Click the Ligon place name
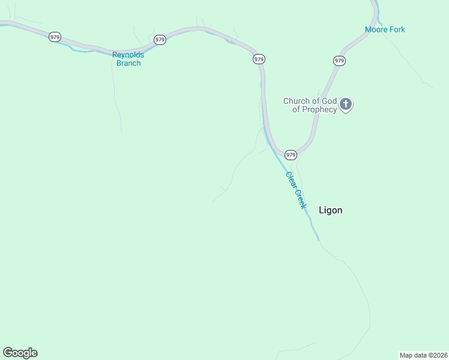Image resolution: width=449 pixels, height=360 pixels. [x=330, y=210]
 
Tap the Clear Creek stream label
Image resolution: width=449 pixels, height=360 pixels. [x=296, y=190]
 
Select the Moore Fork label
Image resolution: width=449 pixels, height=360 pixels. [x=385, y=29]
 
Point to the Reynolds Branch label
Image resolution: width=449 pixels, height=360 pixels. [x=128, y=59]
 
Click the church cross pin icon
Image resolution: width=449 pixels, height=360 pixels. [x=346, y=105]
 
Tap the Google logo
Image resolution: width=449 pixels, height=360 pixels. [x=20, y=352]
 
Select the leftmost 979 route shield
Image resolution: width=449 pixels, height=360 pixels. [x=55, y=37]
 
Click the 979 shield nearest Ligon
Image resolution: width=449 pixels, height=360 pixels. [x=291, y=155]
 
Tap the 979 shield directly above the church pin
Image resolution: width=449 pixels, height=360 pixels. [x=339, y=61]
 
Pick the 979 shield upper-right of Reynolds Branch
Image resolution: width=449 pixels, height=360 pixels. [x=160, y=40]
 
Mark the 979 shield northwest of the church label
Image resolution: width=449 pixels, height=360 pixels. [x=259, y=59]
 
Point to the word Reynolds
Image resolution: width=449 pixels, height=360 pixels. [x=128, y=55]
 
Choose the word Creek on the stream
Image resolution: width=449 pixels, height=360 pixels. [x=300, y=197]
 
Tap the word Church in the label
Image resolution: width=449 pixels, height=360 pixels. [x=297, y=101]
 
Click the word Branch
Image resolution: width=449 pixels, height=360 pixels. [x=128, y=63]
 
